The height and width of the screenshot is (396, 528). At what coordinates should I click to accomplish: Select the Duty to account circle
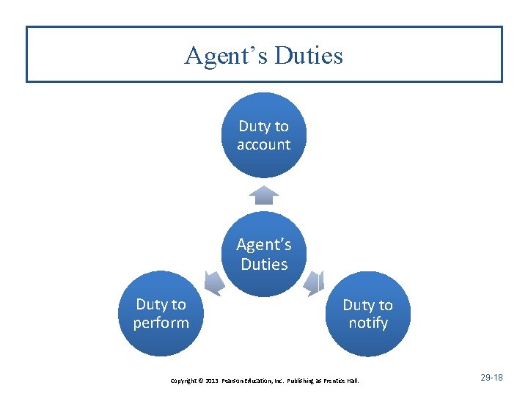tap(264, 135)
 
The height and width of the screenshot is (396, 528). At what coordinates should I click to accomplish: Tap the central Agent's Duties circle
tap(264, 254)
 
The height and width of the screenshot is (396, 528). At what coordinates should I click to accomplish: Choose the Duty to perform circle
tap(161, 314)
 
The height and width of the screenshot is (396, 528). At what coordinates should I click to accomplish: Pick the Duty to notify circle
tap(367, 314)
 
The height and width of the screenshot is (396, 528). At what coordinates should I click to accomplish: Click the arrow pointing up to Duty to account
tap(264, 194)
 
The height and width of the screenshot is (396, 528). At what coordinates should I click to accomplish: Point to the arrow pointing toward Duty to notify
tap(315, 282)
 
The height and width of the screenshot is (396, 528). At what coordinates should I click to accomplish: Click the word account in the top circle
tap(264, 144)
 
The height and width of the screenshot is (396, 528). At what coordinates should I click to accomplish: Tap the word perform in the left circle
tap(161, 323)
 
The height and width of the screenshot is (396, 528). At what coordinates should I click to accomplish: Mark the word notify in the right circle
tap(367, 323)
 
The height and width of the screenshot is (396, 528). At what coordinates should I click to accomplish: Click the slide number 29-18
tap(491, 377)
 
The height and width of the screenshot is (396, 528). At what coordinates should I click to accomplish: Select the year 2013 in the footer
tap(212, 381)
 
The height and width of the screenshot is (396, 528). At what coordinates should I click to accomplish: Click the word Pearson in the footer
tap(233, 381)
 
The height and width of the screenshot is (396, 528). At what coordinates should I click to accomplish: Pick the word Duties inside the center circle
tap(264, 264)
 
